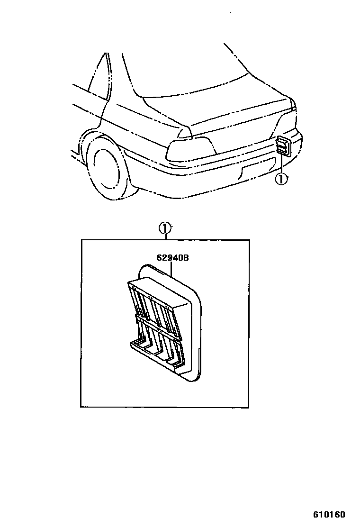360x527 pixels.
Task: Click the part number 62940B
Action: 173,258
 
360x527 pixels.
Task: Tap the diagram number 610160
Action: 328,514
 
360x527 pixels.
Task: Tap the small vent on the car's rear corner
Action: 283,145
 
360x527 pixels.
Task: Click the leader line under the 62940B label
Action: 171,270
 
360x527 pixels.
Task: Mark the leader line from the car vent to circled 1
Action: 281,164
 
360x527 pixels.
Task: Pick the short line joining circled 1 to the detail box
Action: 164,237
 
